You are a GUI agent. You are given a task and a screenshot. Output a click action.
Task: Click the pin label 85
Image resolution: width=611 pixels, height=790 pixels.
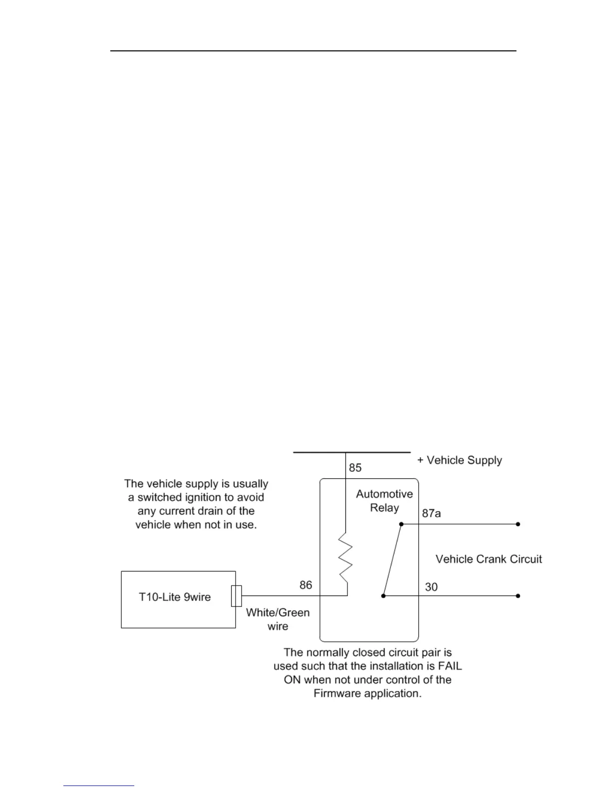tap(355, 468)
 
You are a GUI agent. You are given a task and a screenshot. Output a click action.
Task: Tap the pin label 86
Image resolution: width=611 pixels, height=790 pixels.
tap(305, 585)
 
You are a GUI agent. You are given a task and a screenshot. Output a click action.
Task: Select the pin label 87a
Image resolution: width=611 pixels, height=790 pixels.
tap(431, 513)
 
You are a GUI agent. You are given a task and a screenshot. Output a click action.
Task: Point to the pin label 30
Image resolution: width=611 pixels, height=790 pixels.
tap(431, 587)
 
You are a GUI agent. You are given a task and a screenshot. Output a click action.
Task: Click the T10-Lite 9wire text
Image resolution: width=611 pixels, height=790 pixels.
tap(175, 597)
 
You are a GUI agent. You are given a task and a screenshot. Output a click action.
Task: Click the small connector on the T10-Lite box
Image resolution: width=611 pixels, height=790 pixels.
tap(237, 596)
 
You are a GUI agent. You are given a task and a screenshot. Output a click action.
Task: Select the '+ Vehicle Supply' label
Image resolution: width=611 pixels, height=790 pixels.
tap(460, 460)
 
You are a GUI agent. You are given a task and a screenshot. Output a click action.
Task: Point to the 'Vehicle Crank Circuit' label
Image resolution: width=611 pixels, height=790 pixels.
tap(489, 559)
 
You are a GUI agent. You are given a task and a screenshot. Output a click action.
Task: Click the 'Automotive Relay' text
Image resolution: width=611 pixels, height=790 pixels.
tap(384, 501)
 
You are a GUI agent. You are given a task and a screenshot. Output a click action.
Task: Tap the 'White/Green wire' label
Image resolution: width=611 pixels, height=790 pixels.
tap(278, 619)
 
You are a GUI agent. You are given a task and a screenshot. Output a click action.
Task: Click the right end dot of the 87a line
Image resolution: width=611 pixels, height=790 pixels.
tap(518, 524)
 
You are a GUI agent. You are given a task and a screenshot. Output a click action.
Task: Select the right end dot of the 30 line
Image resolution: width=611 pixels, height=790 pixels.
tap(518, 596)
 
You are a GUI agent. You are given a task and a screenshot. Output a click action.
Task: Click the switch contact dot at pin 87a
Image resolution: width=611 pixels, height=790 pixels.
tap(401, 524)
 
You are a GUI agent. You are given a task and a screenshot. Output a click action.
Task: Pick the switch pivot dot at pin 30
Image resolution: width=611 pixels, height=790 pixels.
tap(383, 596)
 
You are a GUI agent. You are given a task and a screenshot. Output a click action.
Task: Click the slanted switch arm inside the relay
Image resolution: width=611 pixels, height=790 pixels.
tap(392, 560)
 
